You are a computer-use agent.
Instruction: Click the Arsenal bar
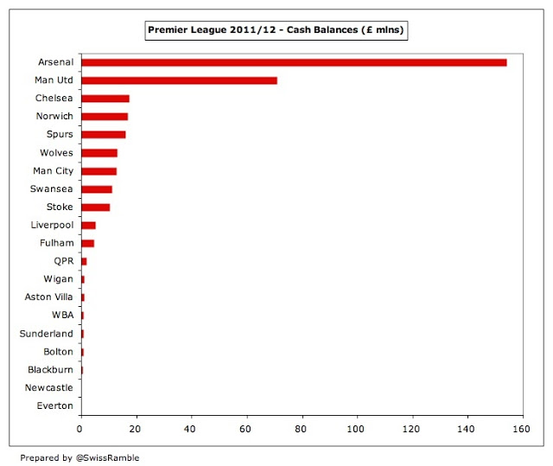point(294,62)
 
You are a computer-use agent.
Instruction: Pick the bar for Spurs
point(103,135)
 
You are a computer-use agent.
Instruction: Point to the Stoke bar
point(95,207)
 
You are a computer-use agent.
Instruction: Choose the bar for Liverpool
point(87,225)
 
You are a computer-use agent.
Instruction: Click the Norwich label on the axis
point(55,117)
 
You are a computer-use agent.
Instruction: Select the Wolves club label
point(57,153)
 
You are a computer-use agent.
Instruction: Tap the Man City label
point(53,171)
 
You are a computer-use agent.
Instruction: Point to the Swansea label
point(52,189)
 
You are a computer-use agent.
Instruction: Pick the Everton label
point(54,405)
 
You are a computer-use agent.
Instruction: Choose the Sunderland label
point(47,334)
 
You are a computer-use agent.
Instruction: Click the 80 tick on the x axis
point(302,427)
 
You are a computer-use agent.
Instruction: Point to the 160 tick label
point(522,427)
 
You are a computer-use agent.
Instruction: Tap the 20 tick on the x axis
point(136,427)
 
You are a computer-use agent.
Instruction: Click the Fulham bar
point(87,243)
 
